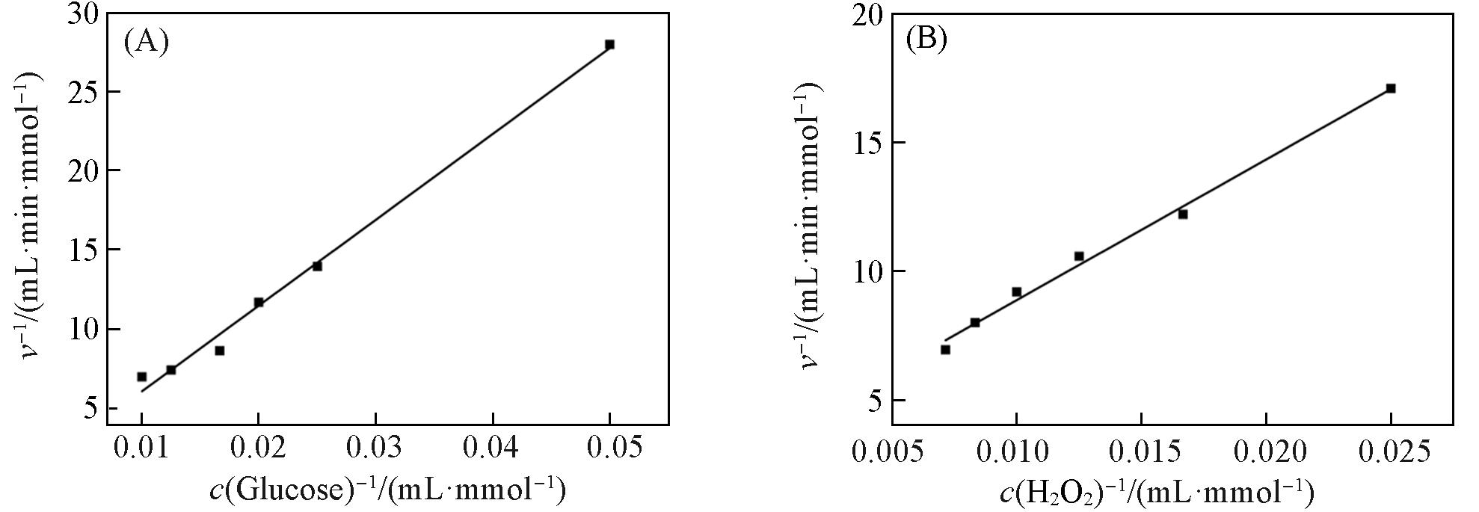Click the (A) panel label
147,42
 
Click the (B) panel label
926,39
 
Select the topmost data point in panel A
609,45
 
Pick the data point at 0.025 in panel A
317,266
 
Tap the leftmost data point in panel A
142,377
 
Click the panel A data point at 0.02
259,303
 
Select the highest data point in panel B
1391,88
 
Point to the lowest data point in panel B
945,350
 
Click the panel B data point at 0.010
1016,292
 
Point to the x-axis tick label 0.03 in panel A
375,449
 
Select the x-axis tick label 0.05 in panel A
609,449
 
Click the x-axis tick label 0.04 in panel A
493,449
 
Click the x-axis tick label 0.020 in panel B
1266,452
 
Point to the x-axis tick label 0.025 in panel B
1391,452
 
